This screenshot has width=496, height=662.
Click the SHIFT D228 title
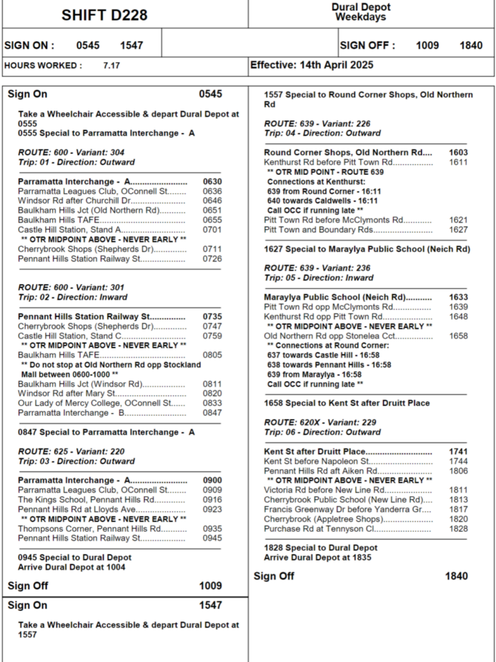pyautogui.click(x=104, y=15)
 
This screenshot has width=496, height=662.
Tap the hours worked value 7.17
pyautogui.click(x=111, y=66)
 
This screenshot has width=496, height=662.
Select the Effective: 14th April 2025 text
pyautogui.click(x=311, y=65)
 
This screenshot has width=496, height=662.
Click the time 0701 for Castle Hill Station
pyautogui.click(x=212, y=230)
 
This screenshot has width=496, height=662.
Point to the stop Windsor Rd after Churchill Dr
pyautogui.click(x=74, y=201)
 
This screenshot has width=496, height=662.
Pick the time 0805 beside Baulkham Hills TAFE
pyautogui.click(x=212, y=355)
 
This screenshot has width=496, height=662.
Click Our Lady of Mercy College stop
pyautogui.click(x=95, y=403)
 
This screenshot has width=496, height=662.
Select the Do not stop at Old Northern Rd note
pyautogui.click(x=111, y=369)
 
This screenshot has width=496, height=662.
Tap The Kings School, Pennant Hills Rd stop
pyautogui.click(x=86, y=499)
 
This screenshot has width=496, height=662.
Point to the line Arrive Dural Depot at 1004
pyautogui.click(x=71, y=567)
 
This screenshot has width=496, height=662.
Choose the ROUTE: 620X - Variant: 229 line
pyautogui.click(x=320, y=422)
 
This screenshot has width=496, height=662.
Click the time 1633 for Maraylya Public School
pyautogui.click(x=458, y=297)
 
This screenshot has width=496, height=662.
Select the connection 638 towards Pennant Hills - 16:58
pyautogui.click(x=329, y=365)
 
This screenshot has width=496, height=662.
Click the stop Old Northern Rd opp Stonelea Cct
pyautogui.click(x=329, y=336)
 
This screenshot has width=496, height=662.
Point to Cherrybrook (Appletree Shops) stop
pyautogui.click(x=323, y=519)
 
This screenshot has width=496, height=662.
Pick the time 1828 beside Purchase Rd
pyautogui.click(x=458, y=529)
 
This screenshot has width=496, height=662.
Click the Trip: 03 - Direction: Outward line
pyautogui.click(x=76, y=461)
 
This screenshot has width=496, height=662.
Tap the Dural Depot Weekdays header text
pyautogui.click(x=361, y=12)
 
